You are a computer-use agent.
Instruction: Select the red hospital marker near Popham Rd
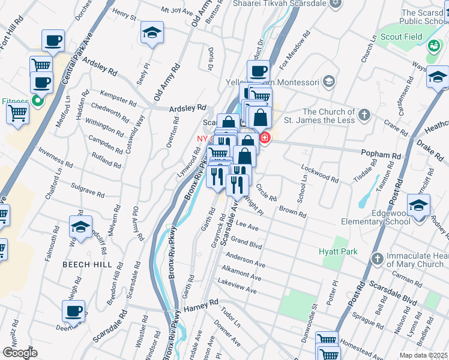point(265,139)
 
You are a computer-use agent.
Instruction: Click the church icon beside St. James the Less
point(364,115)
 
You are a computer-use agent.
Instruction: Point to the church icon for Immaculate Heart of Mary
point(376,259)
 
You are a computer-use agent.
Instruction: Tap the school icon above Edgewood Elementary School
point(418,206)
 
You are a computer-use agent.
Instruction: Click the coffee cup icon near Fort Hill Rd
point(53,41)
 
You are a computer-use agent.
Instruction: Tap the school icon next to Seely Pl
point(152,34)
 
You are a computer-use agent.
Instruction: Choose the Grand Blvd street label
point(247,243)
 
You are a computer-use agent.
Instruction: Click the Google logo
point(20,353)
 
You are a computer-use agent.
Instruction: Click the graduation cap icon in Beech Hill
point(80,227)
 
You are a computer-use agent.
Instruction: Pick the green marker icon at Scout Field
point(433,37)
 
